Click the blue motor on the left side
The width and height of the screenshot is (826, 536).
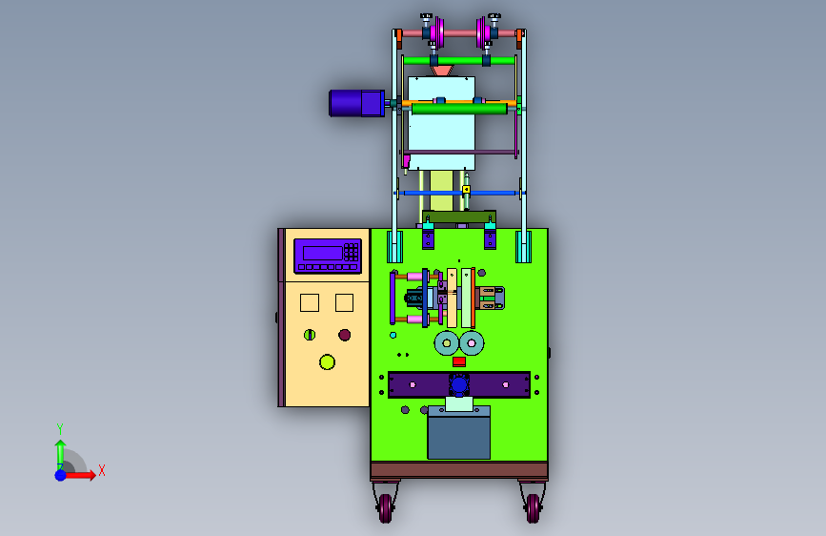click(356, 103)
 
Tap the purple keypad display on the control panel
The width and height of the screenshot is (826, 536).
click(328, 256)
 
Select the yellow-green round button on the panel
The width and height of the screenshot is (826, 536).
click(327, 361)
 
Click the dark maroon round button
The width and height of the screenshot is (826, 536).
click(345, 335)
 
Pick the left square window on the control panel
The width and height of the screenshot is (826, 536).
click(310, 303)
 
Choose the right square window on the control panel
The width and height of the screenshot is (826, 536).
click(345, 303)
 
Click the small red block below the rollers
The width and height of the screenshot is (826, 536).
click(459, 361)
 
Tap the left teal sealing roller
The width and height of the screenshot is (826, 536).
click(447, 343)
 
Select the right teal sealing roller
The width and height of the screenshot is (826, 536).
click(472, 343)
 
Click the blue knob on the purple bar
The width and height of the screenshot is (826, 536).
click(459, 385)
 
